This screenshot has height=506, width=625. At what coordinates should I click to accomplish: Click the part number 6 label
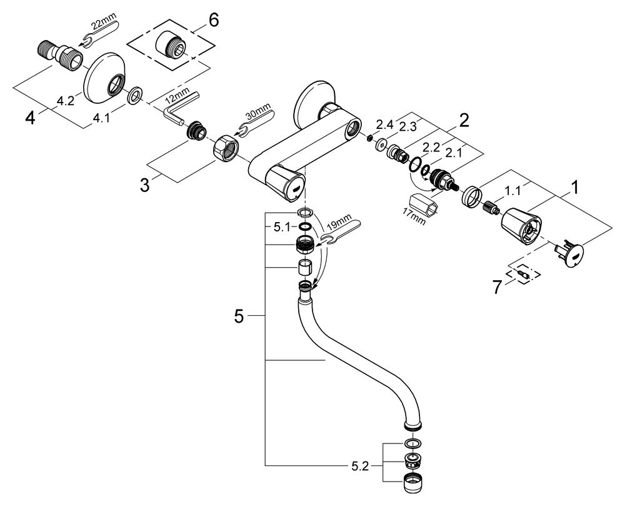(214, 21)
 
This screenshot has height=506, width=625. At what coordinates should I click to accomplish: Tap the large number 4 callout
(30, 118)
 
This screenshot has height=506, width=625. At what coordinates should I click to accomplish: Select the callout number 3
(144, 185)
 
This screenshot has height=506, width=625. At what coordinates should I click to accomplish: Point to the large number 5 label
(238, 317)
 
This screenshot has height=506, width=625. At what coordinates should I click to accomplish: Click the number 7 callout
(497, 287)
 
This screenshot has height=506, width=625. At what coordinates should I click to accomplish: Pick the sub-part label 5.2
(360, 467)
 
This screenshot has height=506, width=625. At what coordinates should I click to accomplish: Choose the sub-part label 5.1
(282, 227)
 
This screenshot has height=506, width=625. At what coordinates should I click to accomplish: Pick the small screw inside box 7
(522, 274)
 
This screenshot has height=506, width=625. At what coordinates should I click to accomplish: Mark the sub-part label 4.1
(101, 118)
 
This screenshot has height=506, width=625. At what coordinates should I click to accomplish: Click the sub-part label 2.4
(384, 125)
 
